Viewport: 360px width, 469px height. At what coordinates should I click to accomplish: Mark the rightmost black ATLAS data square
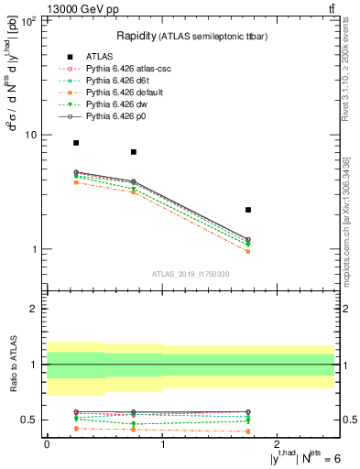(x=248, y=210)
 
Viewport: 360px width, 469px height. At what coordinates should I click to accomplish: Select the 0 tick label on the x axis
(x=47, y=443)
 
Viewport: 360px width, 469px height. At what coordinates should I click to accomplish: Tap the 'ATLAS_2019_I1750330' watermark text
(x=191, y=274)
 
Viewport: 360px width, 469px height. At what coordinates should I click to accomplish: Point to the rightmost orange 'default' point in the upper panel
(x=248, y=251)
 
